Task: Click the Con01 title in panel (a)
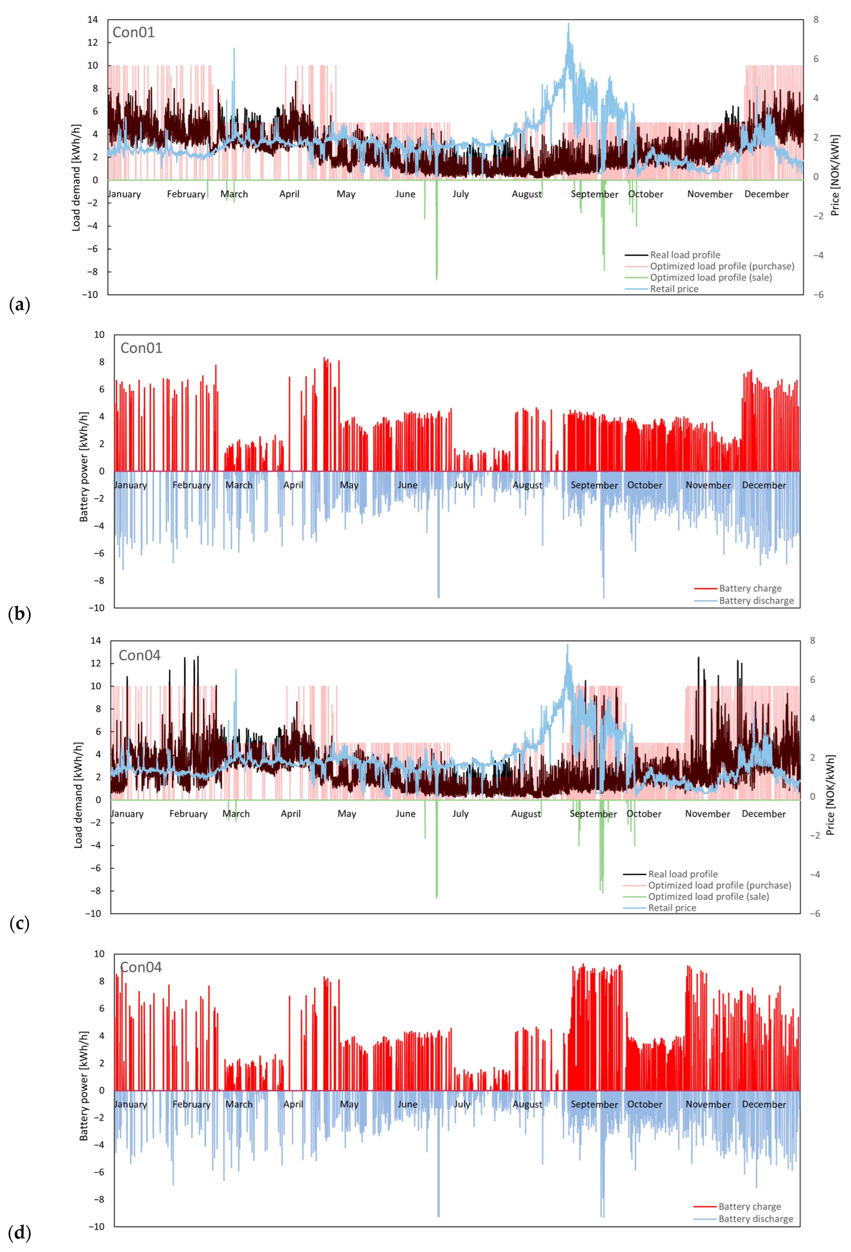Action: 134,32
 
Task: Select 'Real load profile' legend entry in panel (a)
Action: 685,255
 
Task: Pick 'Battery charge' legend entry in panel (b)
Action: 750,588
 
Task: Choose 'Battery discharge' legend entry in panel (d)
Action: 756,1219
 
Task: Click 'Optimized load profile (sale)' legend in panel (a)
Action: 710,278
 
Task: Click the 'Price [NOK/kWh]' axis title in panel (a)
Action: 835,175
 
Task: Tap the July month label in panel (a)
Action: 461,194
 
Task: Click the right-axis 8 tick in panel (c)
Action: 813,640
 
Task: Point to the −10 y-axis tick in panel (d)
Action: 96,1227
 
